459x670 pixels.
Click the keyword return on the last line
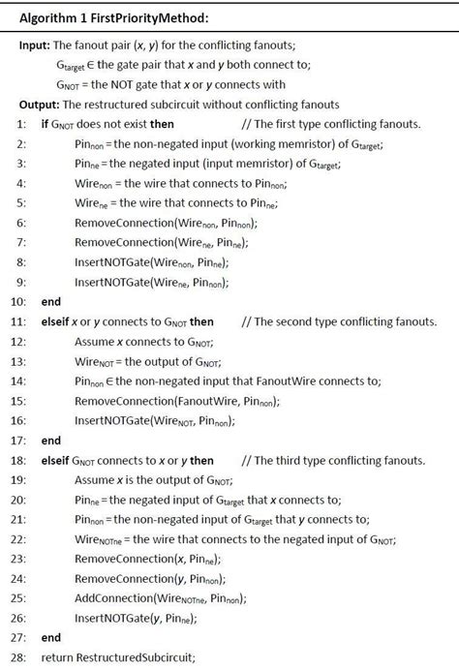[x=57, y=658]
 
